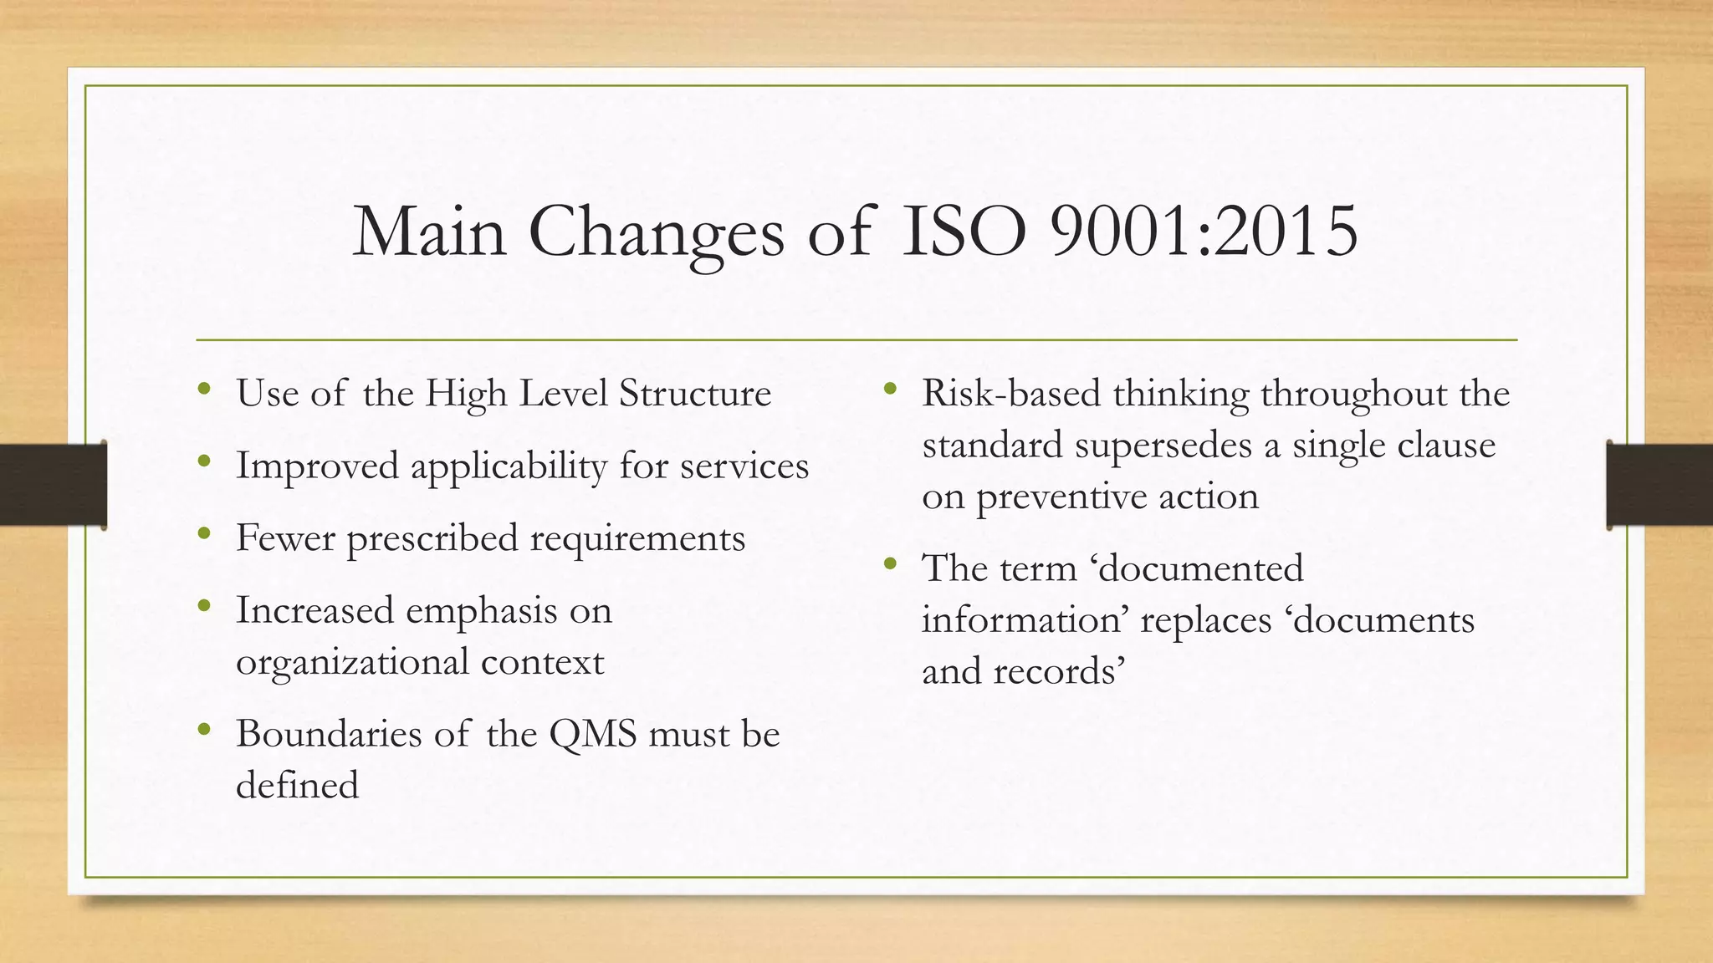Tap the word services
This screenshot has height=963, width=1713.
[x=744, y=466]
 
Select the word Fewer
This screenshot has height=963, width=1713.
[x=285, y=538]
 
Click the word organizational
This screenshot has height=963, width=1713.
[x=352, y=662]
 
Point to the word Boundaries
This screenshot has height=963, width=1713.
[x=328, y=734]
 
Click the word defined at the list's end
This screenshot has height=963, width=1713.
[x=297, y=785]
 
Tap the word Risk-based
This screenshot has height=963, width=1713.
[x=1010, y=393]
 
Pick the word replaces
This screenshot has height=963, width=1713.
[x=1205, y=620]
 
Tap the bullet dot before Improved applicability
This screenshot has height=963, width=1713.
[x=204, y=461]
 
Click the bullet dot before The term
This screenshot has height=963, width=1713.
[x=890, y=563]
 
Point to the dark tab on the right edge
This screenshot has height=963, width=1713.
[x=1659, y=485]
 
